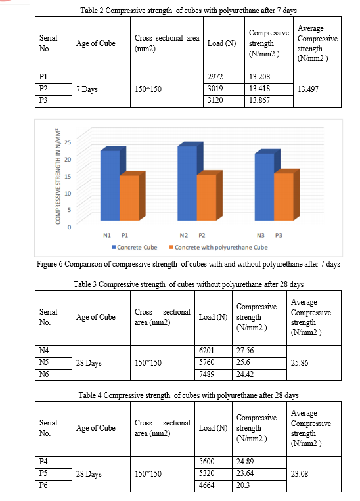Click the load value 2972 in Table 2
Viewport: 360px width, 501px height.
click(x=215, y=77)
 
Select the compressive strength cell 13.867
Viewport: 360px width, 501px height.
click(x=259, y=100)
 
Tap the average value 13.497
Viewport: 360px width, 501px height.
click(x=308, y=89)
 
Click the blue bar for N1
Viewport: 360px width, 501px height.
click(x=110, y=186)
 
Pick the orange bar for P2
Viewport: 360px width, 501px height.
click(x=206, y=198)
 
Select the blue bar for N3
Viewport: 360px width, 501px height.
click(x=264, y=187)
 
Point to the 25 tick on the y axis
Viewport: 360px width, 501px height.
click(x=68, y=142)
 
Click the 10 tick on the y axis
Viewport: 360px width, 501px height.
click(x=68, y=193)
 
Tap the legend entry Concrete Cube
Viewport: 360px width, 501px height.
click(x=134, y=248)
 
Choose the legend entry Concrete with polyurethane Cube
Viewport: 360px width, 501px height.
click(x=218, y=248)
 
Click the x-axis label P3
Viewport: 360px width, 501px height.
click(x=279, y=236)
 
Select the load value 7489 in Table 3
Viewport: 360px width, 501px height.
click(x=206, y=374)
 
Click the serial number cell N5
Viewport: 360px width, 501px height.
click(x=44, y=362)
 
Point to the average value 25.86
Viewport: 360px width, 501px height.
click(x=300, y=363)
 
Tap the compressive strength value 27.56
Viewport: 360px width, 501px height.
click(x=245, y=351)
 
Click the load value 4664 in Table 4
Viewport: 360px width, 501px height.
click(x=206, y=485)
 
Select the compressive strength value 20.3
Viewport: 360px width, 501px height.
click(x=243, y=485)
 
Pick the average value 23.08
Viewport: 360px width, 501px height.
click(x=300, y=474)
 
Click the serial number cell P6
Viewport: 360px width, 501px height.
click(x=43, y=485)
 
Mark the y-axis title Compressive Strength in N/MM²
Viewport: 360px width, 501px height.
click(x=58, y=177)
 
